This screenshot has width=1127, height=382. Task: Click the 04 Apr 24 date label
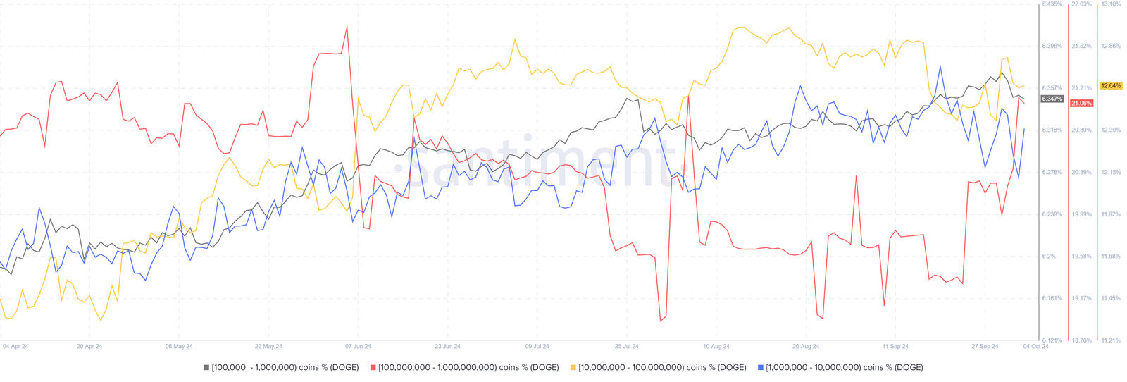(15, 346)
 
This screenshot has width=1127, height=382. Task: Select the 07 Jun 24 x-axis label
(358, 346)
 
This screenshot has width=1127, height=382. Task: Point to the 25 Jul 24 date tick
(626, 346)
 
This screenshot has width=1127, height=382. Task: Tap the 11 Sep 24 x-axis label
(895, 346)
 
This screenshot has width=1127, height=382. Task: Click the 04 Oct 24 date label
(1035, 346)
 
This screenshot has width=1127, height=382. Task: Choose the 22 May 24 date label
(268, 346)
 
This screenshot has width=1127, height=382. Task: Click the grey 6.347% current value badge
(1052, 99)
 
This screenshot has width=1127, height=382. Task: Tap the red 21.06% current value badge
(1081, 103)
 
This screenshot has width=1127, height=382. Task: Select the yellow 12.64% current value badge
(1111, 86)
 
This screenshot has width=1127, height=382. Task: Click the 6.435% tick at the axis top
(1052, 4)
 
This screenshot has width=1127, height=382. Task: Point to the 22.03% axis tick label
(1081, 4)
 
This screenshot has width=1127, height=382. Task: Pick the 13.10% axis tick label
(1111, 4)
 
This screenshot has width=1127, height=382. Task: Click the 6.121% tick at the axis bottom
(1052, 340)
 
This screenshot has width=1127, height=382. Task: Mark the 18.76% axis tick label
(1081, 340)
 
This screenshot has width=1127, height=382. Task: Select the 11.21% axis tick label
(1111, 340)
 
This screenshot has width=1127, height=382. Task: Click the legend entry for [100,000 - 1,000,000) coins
(281, 367)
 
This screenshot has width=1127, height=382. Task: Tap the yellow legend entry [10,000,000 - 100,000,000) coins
(659, 367)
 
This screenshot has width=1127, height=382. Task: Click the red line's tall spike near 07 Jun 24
(347, 26)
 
